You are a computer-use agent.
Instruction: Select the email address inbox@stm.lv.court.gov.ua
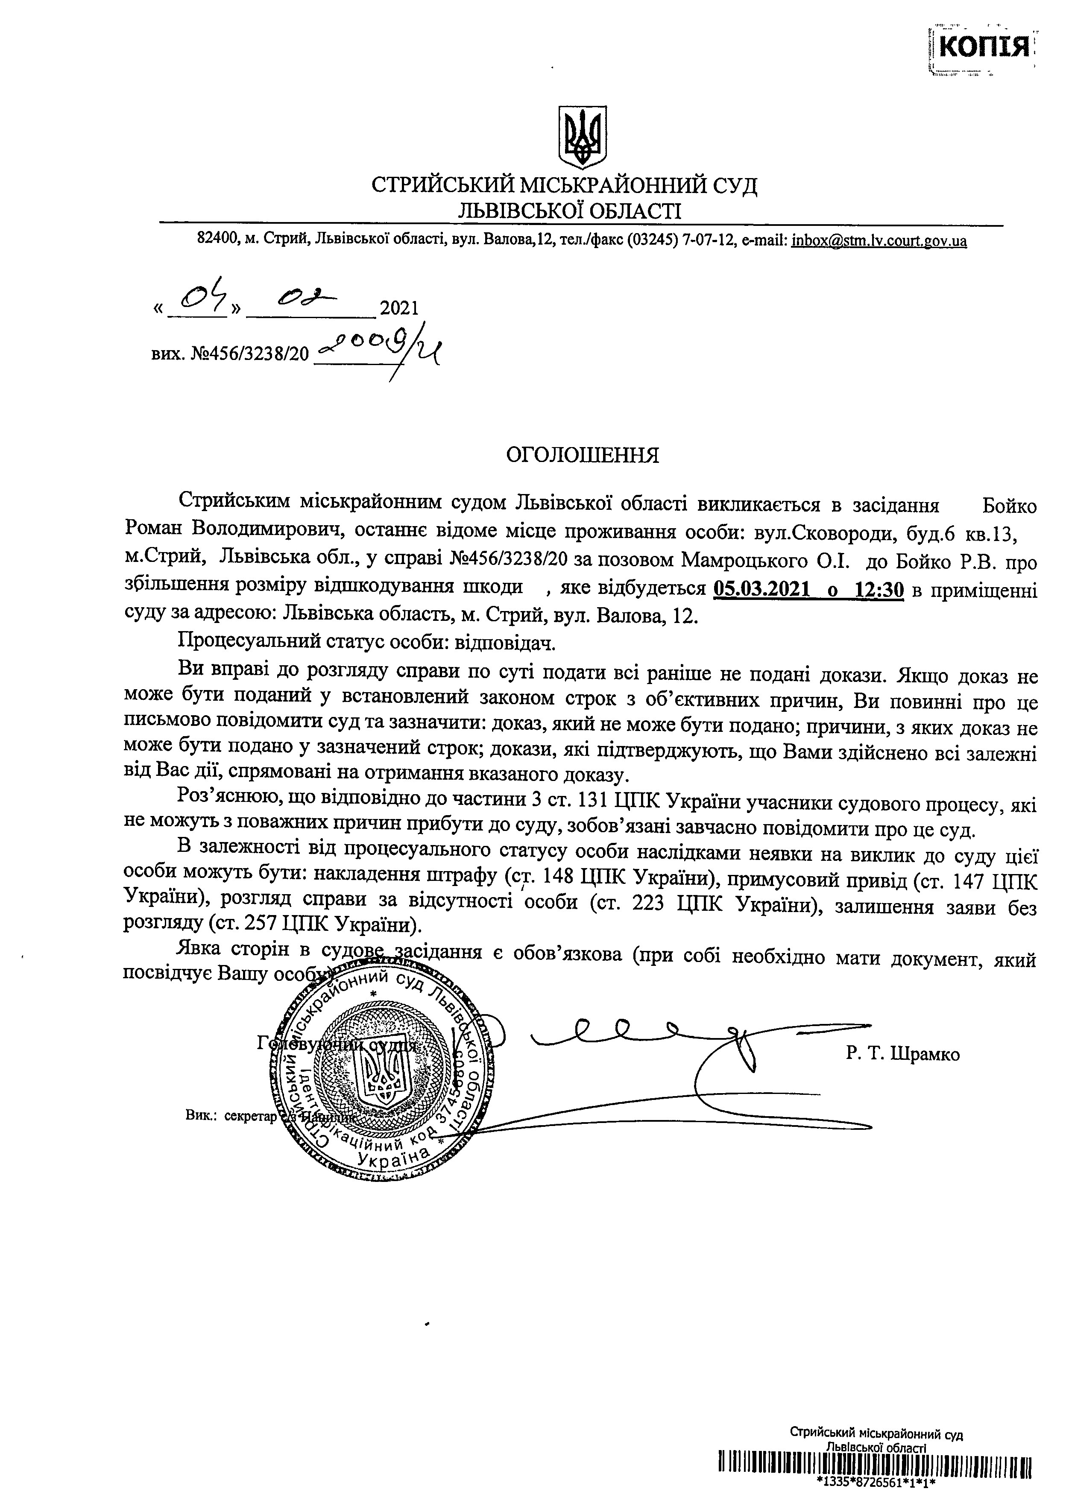(x=879, y=241)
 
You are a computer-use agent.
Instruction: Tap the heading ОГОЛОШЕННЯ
(x=582, y=456)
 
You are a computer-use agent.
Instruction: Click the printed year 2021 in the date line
(x=399, y=307)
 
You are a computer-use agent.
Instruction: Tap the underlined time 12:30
(x=880, y=590)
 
